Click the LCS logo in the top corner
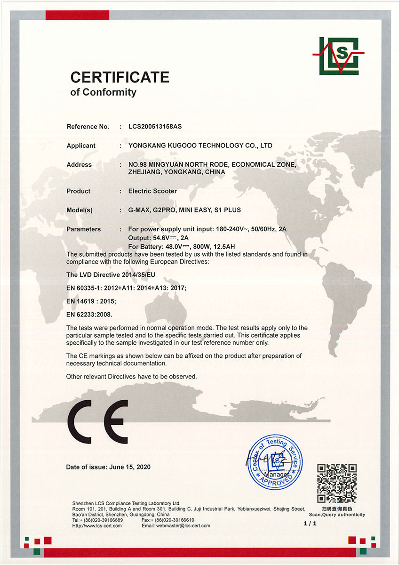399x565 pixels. click(335, 56)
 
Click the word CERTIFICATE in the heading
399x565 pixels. click(120, 77)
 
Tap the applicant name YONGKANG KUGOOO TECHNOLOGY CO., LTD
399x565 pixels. click(200, 145)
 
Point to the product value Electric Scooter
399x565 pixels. click(152, 191)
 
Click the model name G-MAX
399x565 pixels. click(138, 210)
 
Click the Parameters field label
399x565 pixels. click(84, 229)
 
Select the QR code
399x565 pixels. click(336, 484)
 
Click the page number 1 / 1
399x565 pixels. click(311, 523)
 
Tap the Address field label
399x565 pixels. click(79, 165)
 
